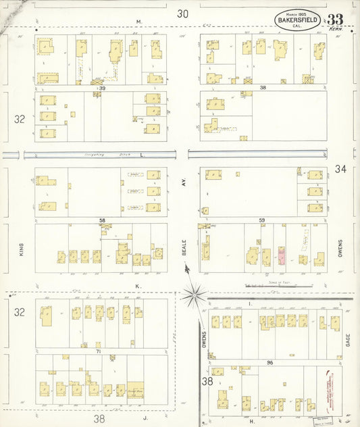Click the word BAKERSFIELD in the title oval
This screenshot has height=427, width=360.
pos(298,21)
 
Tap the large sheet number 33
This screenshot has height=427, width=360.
pos(335,20)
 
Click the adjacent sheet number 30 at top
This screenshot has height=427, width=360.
pos(183,14)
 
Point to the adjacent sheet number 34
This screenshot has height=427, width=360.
pos(339,168)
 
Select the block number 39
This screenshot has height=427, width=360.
pos(103,88)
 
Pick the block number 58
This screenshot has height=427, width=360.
pos(102,221)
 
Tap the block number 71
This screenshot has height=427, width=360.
pos(99,352)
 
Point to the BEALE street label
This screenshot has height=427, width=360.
pos(183,247)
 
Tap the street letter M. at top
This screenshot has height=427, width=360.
pos(138,22)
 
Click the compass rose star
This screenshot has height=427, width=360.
pos(195,294)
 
